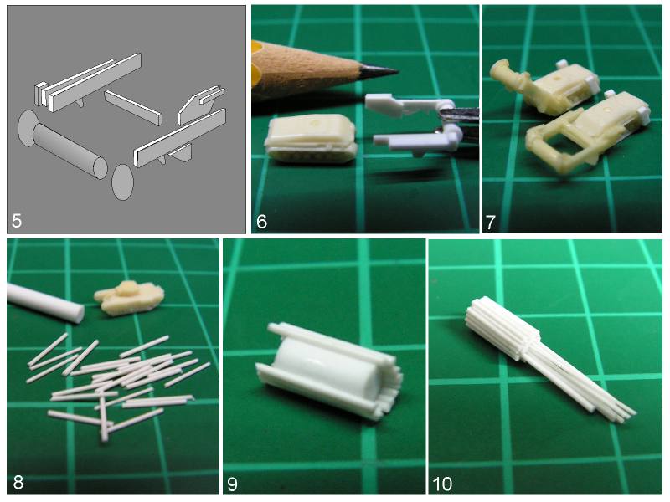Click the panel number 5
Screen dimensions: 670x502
click(x=17, y=221)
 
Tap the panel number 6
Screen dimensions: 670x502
click(x=261, y=222)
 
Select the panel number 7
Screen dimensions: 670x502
click(x=490, y=222)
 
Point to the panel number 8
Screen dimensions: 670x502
click(x=18, y=483)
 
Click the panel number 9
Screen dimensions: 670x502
click(x=232, y=484)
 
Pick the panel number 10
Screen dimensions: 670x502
click(x=442, y=484)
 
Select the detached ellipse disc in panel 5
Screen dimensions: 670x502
click(x=122, y=182)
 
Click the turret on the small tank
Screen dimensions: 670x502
click(x=128, y=289)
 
